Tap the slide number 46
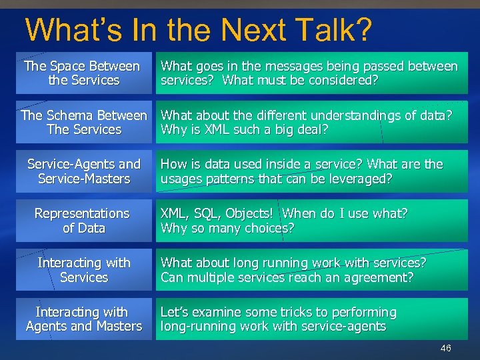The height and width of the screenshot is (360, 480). pos(445,349)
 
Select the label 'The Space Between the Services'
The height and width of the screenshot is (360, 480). pos(83,73)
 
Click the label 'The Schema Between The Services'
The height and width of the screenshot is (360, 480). pos(84,123)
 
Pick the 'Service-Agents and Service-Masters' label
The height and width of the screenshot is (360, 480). pos(84,171)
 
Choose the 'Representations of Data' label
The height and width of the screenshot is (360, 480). pos(83,221)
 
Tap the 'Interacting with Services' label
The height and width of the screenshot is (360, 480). pos(84,270)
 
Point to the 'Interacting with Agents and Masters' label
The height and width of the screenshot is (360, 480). pos(84,319)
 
